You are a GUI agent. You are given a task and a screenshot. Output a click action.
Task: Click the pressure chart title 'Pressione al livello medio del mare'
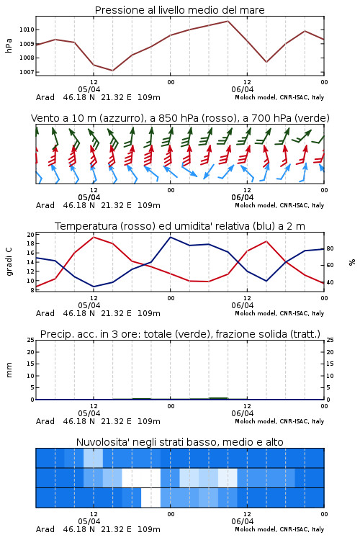point(179,10)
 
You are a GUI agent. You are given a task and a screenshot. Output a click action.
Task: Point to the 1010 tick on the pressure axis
point(27,30)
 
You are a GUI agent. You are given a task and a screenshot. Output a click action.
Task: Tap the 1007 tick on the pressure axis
point(27,72)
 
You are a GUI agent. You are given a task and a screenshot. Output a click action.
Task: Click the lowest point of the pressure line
point(112,71)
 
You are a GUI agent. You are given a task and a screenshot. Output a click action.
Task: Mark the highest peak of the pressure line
point(228,21)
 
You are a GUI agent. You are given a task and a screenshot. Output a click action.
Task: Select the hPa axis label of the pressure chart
point(9,46)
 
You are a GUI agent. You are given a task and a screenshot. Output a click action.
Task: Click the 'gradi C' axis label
point(9,261)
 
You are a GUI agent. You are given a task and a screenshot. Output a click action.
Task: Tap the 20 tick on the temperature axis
point(31,235)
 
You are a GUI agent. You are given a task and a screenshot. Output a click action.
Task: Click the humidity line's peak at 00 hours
point(170,237)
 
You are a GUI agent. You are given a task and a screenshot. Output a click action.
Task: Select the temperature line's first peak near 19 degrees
point(94,237)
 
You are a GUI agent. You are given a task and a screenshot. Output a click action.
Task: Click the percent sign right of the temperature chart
point(352,262)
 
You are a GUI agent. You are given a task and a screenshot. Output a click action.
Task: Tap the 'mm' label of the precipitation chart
point(9,370)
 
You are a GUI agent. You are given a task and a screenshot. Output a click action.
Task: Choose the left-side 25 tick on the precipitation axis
point(31,340)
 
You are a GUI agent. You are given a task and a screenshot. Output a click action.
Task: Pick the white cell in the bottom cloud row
point(151,498)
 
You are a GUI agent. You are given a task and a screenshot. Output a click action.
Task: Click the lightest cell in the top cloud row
point(93,458)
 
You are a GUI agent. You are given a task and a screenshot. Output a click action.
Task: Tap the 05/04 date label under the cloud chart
point(89,521)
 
